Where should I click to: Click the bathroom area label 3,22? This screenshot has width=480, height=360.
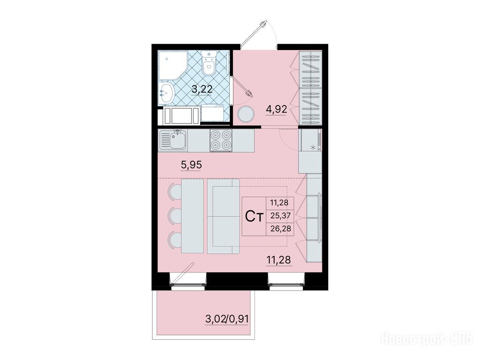tap(202, 89)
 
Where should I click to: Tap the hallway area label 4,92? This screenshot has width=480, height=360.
tap(277, 109)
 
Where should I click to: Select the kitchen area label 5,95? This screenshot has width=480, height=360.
tap(191, 165)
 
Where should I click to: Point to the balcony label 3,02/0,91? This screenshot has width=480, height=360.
tap(227, 320)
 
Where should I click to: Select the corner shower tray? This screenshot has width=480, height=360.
tap(172, 66)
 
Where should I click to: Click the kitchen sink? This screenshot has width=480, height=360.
tap(173, 140)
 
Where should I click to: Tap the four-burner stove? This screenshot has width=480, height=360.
tap(221, 140)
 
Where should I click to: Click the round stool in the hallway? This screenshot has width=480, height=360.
tap(246, 114)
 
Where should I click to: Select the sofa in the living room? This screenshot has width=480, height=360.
tap(223, 217)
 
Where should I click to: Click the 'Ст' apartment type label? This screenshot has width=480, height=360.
tap(255, 217)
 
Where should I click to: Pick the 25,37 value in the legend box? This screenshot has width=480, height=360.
tap(280, 216)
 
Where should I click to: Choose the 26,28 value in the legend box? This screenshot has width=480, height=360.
tap(280, 228)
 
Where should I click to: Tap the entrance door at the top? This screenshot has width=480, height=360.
tap(254, 33)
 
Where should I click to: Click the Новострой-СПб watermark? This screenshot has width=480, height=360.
tap(427, 339)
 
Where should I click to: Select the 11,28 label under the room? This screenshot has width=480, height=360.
tap(279, 260)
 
